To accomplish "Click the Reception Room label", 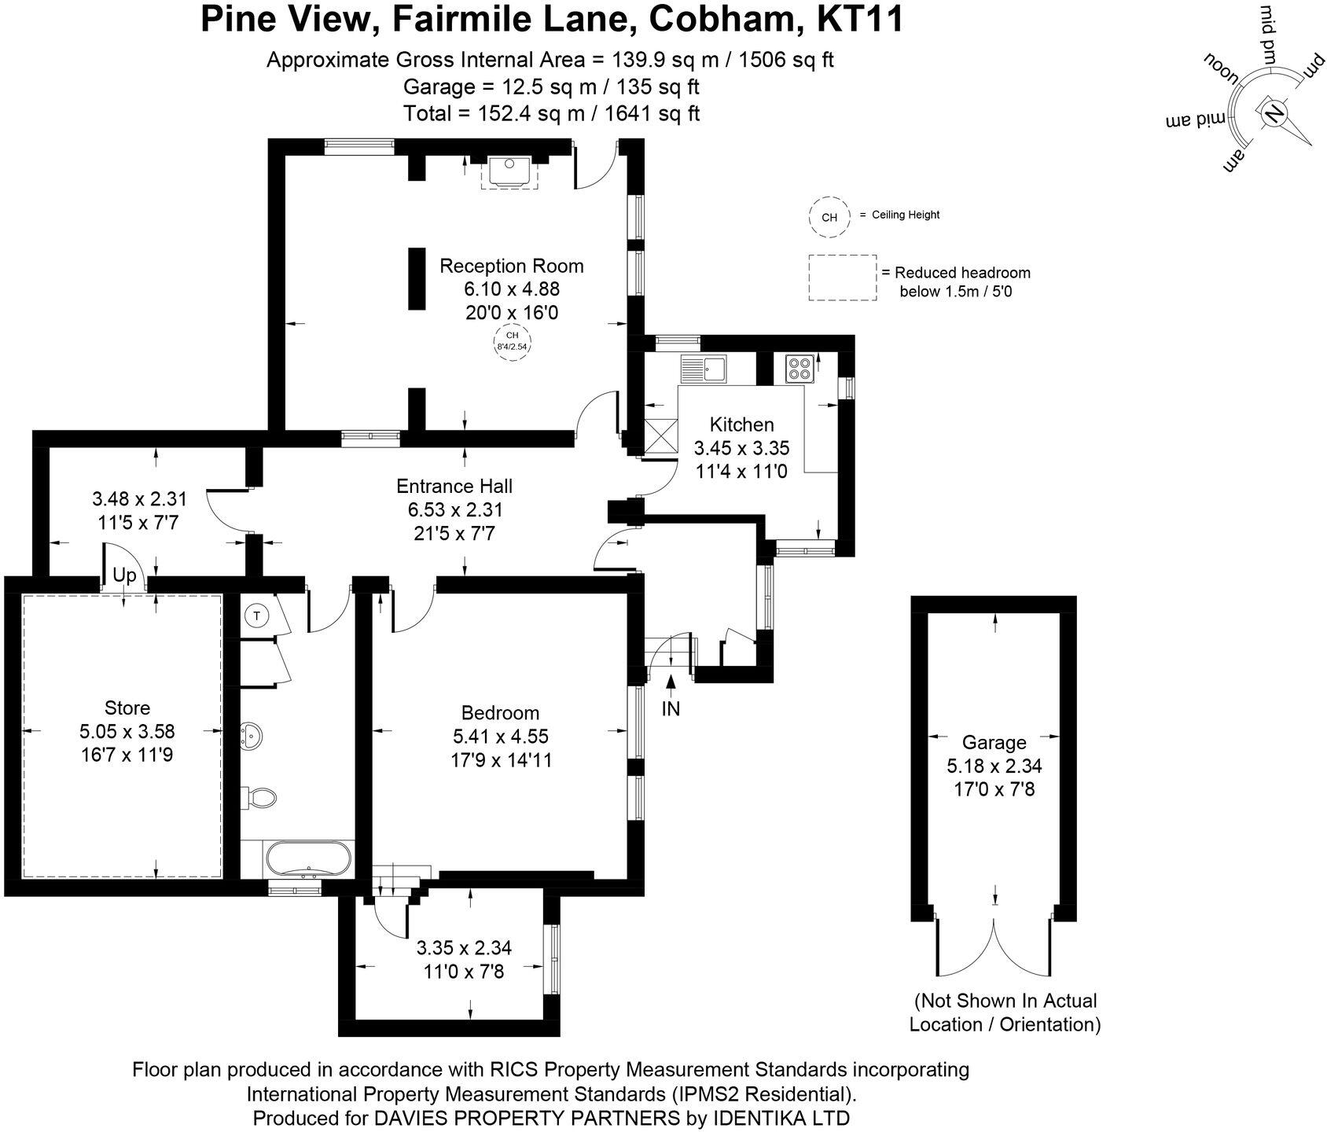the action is click(x=511, y=266).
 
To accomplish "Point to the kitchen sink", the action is click(x=705, y=368).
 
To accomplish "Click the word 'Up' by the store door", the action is click(x=124, y=575).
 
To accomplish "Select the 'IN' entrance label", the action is click(x=671, y=708).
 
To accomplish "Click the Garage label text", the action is click(x=994, y=742).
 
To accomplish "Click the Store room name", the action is click(x=127, y=707).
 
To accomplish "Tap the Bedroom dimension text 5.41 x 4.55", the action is click(x=500, y=737).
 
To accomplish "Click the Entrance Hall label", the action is click(x=454, y=486).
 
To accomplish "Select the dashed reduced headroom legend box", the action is click(x=842, y=277).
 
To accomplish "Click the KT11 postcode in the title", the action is click(x=859, y=19).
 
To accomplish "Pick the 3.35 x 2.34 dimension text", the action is click(x=464, y=947).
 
